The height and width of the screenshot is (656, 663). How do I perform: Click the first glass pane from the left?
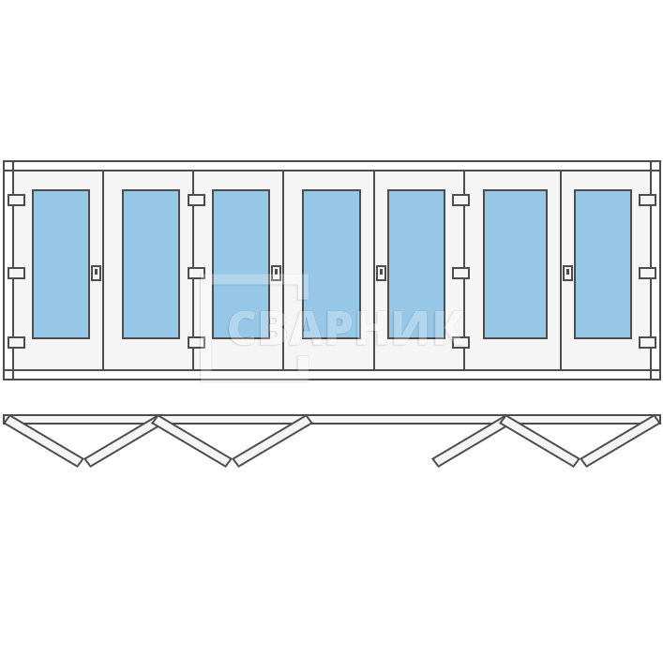coord(61,264)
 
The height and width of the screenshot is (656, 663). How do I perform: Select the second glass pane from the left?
coord(151,264)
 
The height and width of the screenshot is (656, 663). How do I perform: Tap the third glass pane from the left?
coord(241,264)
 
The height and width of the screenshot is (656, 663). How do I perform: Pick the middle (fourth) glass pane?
coord(332,264)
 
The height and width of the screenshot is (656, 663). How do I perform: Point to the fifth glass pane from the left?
coord(416,264)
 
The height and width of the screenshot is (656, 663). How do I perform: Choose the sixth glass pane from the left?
coord(516,264)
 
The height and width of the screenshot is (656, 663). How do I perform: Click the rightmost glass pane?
coord(603,264)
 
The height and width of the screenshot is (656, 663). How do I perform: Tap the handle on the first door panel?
coord(97,273)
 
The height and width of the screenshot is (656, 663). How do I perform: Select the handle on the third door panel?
coord(276,273)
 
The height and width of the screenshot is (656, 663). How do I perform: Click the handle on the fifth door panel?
coord(381,273)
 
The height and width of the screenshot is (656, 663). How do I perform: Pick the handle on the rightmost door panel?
coord(568,273)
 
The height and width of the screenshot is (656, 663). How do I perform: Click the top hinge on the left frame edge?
coord(17,200)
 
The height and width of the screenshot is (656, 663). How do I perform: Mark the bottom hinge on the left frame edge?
coord(17,342)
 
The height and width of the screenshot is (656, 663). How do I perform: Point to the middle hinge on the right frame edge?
coord(647,273)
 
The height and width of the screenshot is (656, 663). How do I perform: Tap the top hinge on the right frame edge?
coord(647,200)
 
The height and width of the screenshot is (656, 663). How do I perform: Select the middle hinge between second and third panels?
coord(196,273)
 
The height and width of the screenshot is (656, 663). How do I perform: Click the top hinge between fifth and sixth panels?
coord(460,200)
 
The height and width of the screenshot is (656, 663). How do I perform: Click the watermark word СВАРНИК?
coord(345,328)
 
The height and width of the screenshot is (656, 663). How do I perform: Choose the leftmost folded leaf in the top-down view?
coord(43,441)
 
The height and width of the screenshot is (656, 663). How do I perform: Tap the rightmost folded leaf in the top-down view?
coord(621,441)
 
